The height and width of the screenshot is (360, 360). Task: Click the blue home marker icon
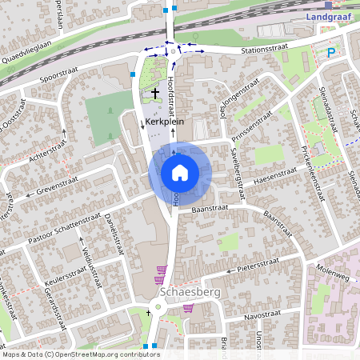[x=180, y=172]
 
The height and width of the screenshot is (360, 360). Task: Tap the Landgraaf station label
[x=330, y=16]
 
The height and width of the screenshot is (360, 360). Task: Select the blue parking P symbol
[x=331, y=53]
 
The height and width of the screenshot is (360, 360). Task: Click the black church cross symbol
[x=154, y=94]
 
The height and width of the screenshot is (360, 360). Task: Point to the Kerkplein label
[x=165, y=122]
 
